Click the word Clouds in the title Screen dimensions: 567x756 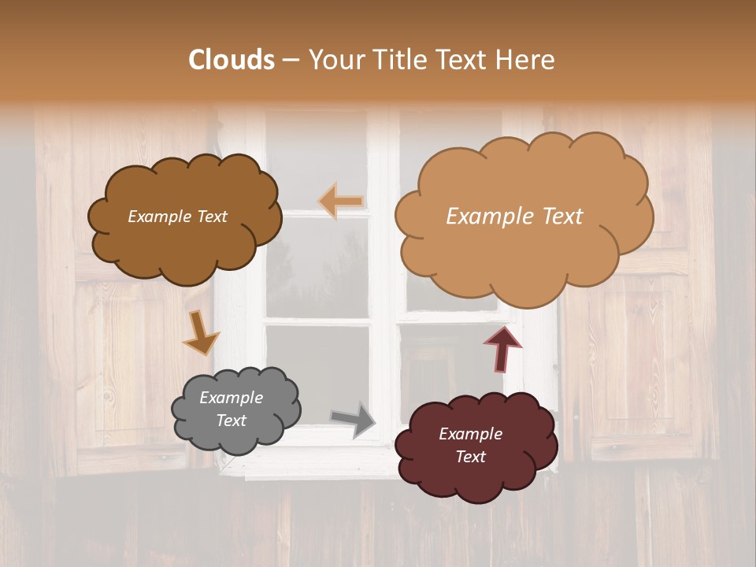(232, 60)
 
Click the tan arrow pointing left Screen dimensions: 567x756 (341, 202)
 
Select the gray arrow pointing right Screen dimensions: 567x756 (354, 419)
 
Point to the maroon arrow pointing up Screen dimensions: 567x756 (502, 347)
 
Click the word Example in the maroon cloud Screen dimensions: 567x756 (470, 434)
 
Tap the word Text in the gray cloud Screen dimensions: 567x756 (231, 421)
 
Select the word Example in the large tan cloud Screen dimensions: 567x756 (490, 217)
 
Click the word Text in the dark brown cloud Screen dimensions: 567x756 (211, 217)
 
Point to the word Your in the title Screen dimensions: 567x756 (334, 60)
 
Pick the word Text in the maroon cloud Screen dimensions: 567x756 (470, 457)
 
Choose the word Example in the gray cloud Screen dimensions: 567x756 (231, 398)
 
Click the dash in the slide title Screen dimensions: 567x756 (290, 60)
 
